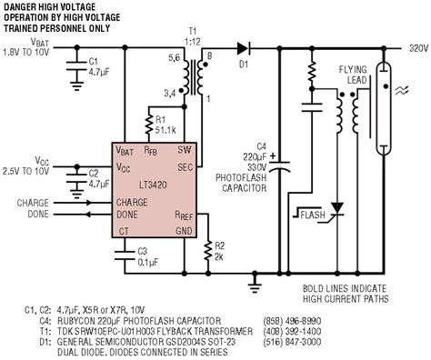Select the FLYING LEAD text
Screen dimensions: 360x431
tap(352, 75)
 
